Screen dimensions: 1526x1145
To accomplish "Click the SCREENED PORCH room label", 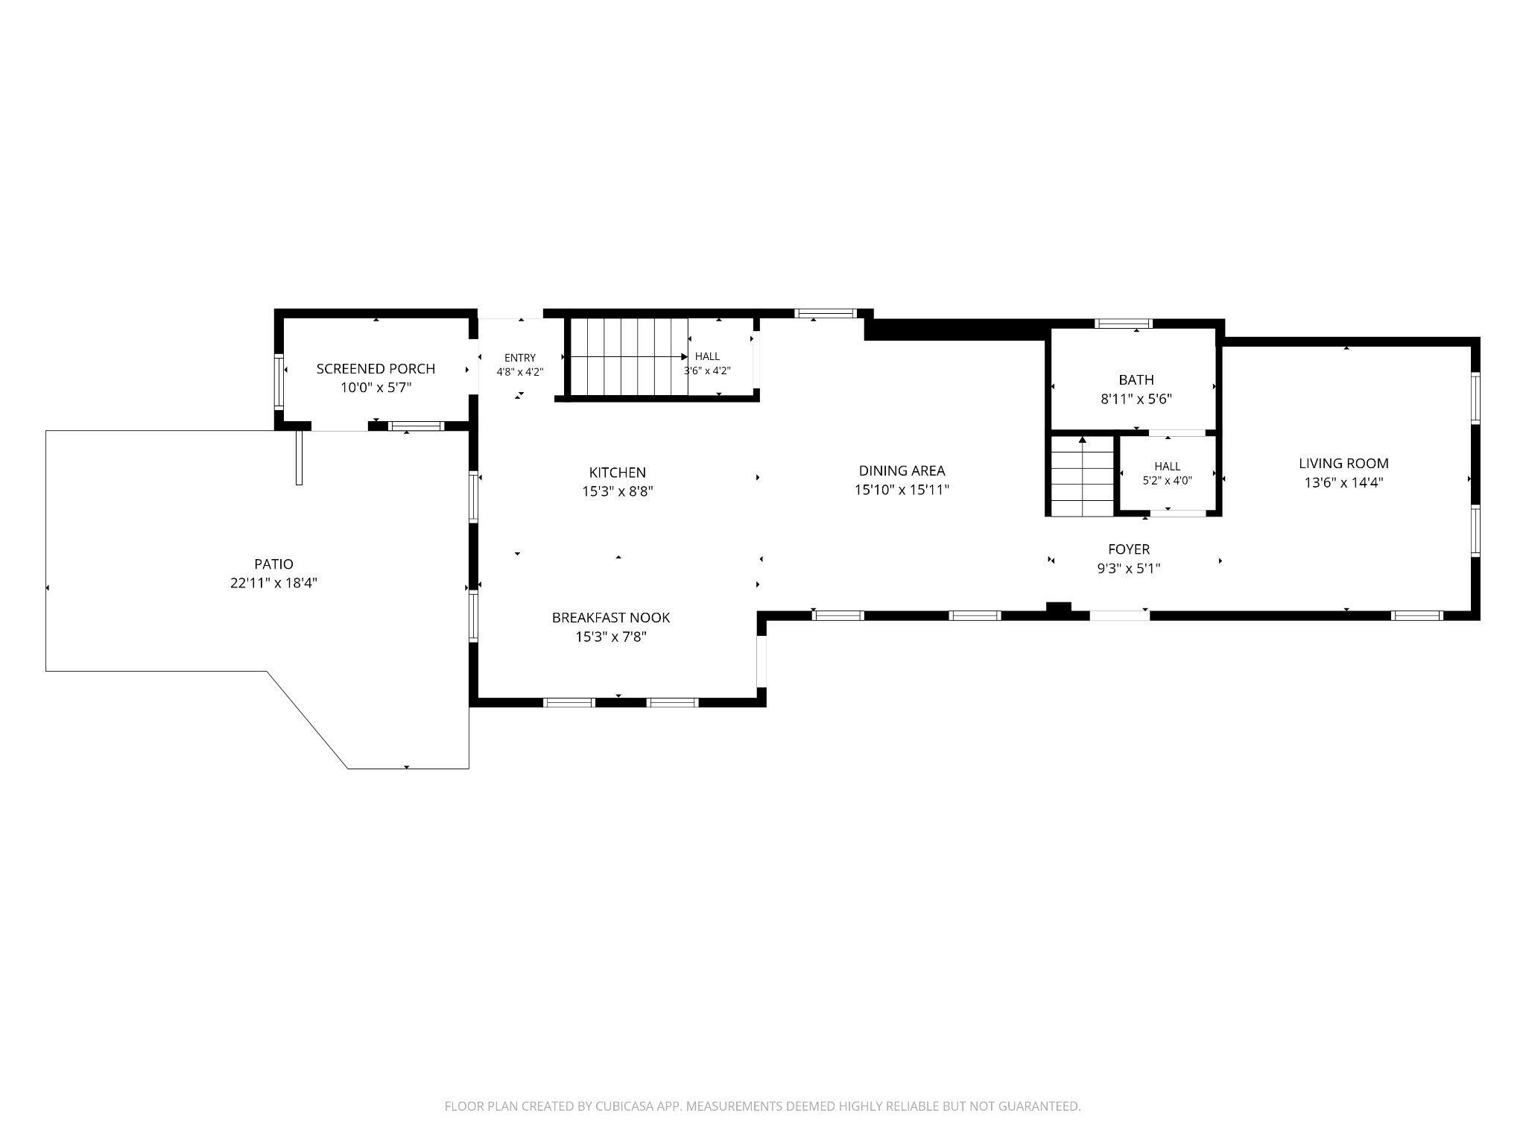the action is pos(376,368).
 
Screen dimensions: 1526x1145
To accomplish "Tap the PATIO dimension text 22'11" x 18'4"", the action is pos(273,583).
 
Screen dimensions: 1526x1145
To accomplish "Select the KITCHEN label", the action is pos(617,472).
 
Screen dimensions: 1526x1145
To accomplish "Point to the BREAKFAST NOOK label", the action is pos(611,617).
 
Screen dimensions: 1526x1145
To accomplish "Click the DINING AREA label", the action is pos(902,470).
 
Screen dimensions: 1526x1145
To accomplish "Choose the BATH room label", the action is pos(1136,379).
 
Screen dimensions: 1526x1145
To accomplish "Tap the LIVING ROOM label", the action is pos(1343,463).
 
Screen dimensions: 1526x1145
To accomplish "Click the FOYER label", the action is pos(1129,549).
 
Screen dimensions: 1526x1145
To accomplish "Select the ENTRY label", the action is pos(519,358).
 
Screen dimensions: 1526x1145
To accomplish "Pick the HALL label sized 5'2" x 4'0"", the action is pos(1167,467).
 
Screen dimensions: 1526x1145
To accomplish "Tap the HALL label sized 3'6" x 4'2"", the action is pos(707,356).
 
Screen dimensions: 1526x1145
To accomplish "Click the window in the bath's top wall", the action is pos(1123,324).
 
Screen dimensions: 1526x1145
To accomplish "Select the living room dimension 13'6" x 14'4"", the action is pos(1343,482).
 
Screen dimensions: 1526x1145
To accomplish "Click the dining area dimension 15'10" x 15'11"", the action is pos(902,490).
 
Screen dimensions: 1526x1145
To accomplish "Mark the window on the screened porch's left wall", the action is pos(279,382).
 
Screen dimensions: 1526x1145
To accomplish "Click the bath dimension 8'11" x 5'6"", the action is pos(1136,399).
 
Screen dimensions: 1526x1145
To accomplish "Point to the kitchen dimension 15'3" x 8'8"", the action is pos(617,491).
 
